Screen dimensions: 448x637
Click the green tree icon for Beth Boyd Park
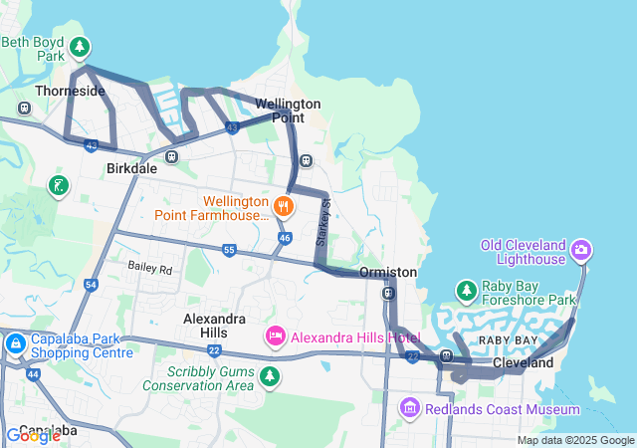80,46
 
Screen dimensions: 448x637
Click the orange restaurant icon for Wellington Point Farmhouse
284,207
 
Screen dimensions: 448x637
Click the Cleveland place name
523,363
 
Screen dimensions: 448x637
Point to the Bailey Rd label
150,269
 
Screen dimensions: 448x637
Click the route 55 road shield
229,250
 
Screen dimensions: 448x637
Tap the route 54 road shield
92,286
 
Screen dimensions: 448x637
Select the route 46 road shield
285,239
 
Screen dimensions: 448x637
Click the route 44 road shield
33,374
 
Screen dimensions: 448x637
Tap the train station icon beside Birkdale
172,155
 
